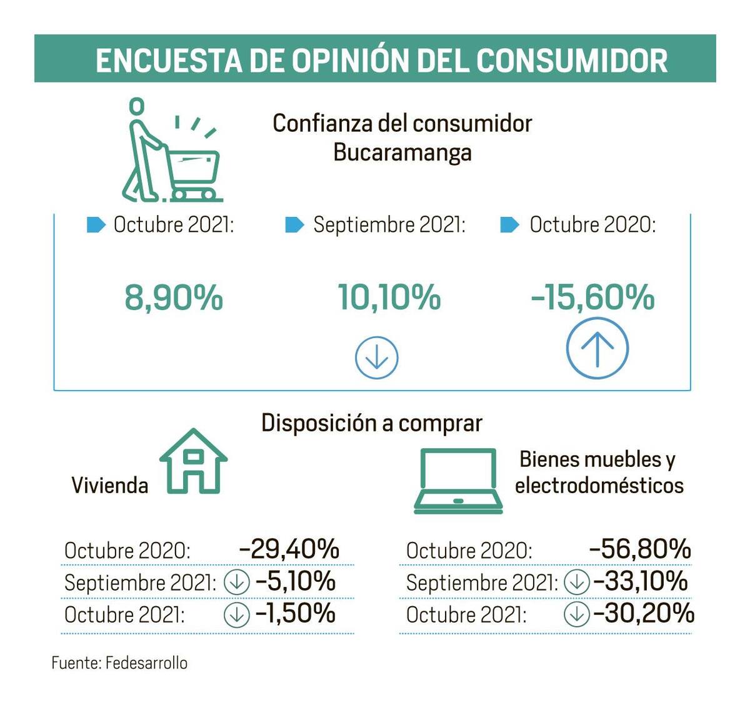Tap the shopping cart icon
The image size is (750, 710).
point(172,150)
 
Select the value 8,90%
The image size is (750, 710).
point(174,297)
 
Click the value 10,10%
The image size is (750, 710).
point(389,297)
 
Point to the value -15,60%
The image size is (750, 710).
point(593,297)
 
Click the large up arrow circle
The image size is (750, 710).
point(597,348)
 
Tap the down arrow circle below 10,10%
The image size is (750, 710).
point(376,357)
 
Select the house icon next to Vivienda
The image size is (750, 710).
point(193,461)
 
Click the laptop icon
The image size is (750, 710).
point(458,481)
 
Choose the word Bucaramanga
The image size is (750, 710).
point(402,152)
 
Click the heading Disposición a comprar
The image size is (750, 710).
point(372,423)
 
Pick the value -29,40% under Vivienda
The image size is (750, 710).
point(289,549)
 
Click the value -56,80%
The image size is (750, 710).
point(640,549)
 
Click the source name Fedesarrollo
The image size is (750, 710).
point(146,663)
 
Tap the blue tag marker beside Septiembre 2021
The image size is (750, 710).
point(294,225)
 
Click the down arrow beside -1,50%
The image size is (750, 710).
point(236,614)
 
